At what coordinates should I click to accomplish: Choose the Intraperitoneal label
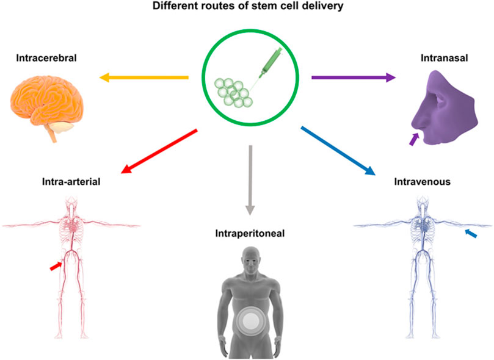coord(250,232)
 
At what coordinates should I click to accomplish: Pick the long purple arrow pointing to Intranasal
coord(354,77)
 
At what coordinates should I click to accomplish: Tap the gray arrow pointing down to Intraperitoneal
coord(249,179)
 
